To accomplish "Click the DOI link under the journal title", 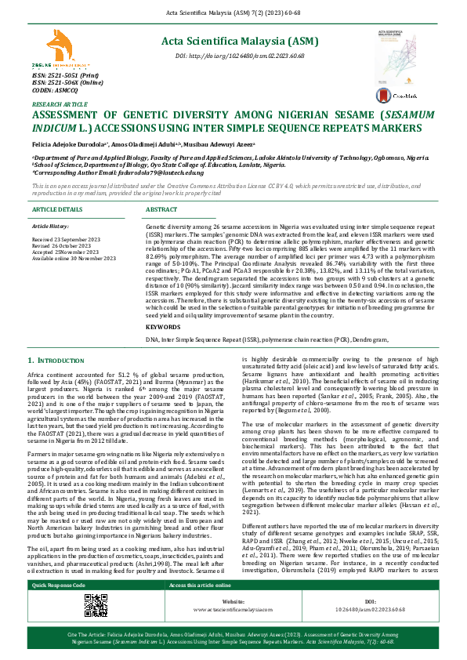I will click(x=229, y=57).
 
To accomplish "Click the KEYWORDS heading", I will click(x=164, y=325).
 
